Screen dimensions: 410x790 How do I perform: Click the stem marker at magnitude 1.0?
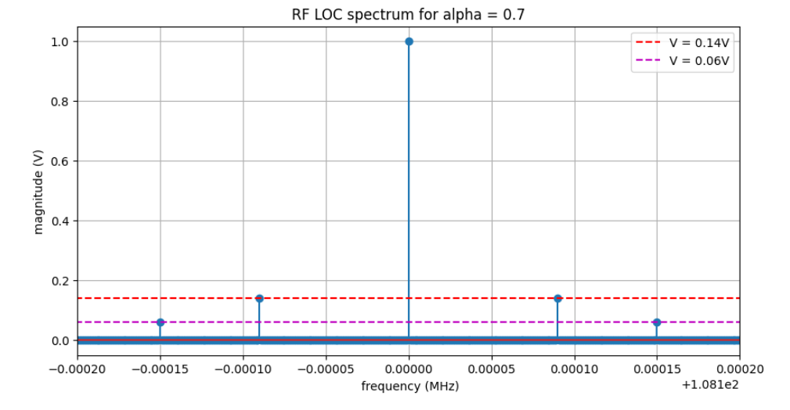pyautogui.click(x=409, y=41)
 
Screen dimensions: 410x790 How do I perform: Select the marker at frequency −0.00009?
pyautogui.click(x=259, y=298)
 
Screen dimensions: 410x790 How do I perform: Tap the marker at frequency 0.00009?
pyautogui.click(x=557, y=298)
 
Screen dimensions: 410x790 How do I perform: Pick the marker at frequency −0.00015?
pyautogui.click(x=161, y=322)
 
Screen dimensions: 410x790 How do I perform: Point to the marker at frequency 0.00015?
pyautogui.click(x=657, y=322)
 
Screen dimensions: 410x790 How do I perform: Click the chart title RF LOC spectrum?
pyautogui.click(x=408, y=14)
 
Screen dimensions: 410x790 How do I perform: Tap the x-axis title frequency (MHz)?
pyautogui.click(x=409, y=387)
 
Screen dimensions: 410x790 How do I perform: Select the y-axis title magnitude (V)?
pyautogui.click(x=38, y=191)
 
